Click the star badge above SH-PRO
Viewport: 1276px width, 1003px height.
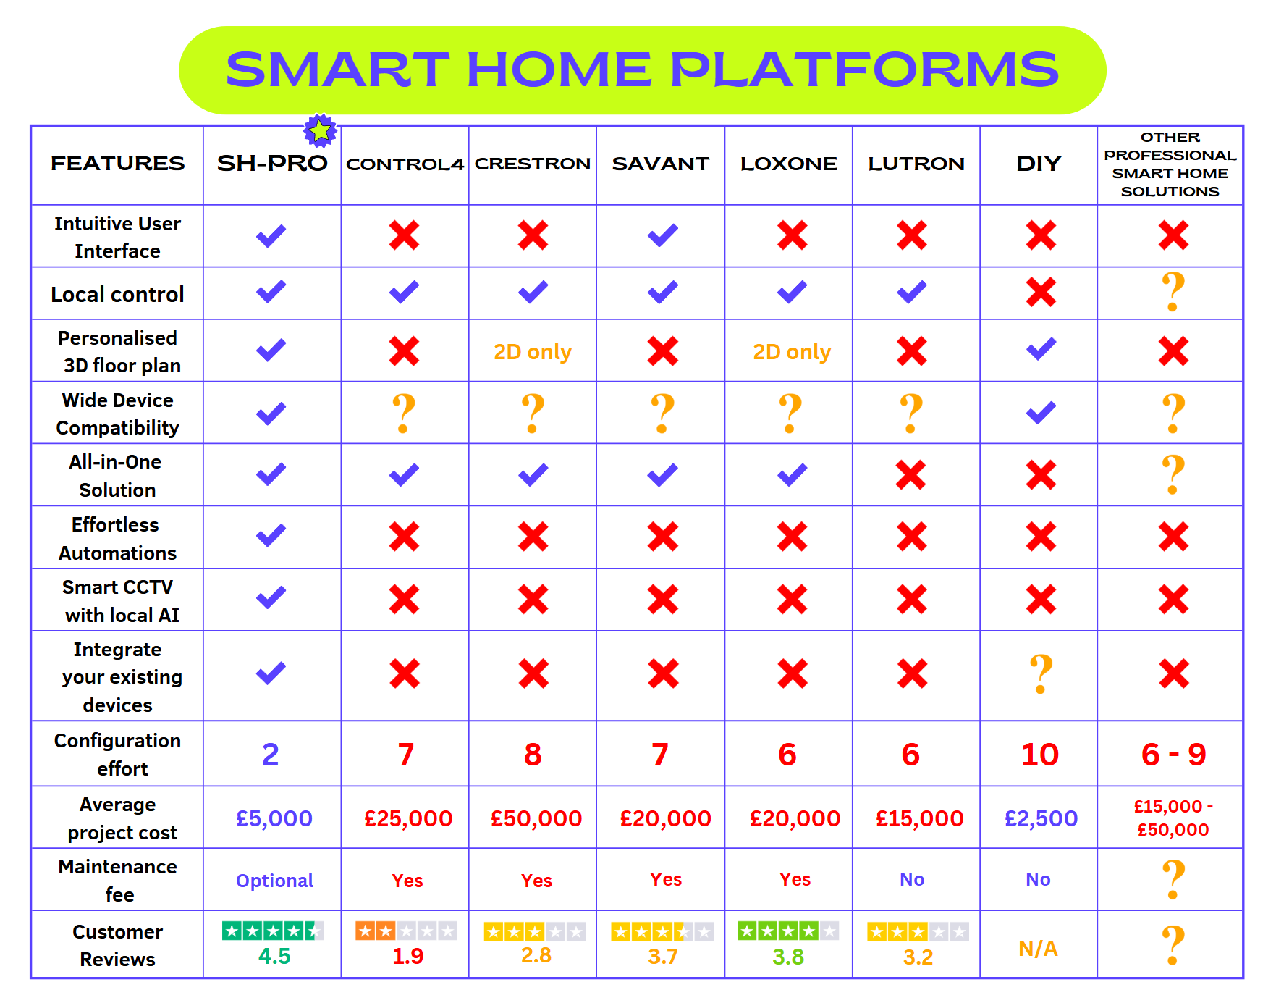coord(320,131)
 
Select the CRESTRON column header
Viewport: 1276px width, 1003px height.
coord(533,164)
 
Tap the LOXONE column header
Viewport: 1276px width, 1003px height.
coord(789,164)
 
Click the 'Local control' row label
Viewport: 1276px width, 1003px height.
coord(117,295)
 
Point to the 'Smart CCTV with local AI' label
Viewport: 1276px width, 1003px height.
coord(119,601)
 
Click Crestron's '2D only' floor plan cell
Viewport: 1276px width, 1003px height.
coord(533,352)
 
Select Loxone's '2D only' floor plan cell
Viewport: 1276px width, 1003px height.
coord(792,352)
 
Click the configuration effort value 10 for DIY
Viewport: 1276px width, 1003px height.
coord(1040,755)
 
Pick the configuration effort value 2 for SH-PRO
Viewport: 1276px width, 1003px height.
coord(271,755)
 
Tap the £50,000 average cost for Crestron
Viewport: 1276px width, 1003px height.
coord(536,818)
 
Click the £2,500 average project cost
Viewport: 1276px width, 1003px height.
coord(1041,818)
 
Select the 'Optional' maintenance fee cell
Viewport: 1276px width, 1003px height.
coord(274,881)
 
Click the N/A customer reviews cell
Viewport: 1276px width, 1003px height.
coord(1038,949)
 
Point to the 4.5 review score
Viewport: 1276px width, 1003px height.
coord(274,957)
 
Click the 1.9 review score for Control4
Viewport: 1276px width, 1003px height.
coord(407,957)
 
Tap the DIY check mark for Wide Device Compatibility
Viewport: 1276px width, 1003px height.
coord(1041,413)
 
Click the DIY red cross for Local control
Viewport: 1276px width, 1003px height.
coord(1041,293)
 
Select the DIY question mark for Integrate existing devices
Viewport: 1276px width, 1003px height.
coord(1041,673)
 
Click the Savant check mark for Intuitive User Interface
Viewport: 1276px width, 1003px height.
coord(663,235)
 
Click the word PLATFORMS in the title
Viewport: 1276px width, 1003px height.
coord(864,70)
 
